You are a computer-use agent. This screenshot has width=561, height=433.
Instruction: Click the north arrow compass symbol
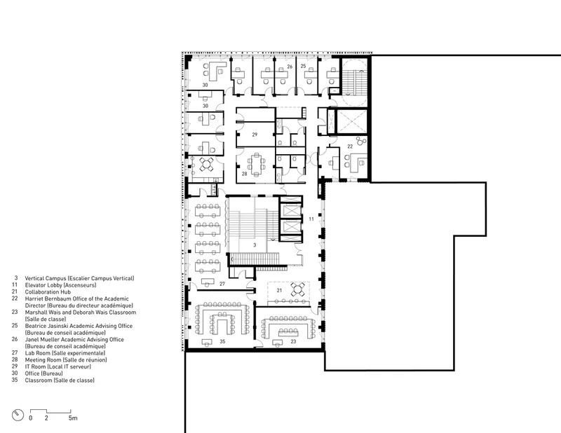tap(18, 415)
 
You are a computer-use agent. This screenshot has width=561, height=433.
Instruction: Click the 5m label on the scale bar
tap(73, 418)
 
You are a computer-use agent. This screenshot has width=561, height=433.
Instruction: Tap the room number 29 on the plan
tap(255, 135)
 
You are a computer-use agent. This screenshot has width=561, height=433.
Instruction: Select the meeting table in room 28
tap(256, 165)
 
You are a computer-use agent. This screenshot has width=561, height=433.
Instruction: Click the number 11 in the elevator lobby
tap(311, 219)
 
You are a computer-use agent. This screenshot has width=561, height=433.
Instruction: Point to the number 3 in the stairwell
tap(255, 245)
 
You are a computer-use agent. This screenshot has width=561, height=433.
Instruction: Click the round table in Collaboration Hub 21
tap(297, 289)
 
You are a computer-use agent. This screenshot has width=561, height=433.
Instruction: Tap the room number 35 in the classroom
tap(222, 341)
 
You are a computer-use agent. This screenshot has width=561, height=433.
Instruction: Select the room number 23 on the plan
tap(293, 341)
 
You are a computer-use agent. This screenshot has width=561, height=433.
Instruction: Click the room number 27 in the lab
tap(222, 284)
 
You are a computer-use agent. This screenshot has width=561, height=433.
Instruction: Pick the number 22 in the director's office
tap(350, 146)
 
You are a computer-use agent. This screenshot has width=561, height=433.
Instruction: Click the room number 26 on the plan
tap(290, 67)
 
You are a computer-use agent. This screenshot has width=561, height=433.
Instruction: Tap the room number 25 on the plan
tap(303, 66)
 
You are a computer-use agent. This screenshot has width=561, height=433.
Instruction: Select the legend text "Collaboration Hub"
tap(48, 291)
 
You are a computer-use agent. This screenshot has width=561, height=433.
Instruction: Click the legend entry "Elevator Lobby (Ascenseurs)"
tap(60, 285)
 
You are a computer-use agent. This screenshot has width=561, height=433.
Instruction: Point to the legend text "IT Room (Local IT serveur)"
tap(58, 366)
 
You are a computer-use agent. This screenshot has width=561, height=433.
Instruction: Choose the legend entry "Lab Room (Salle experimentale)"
tap(65, 353)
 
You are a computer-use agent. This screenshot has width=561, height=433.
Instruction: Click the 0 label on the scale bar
tap(30, 418)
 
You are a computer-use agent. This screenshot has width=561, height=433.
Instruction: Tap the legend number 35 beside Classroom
tap(15, 380)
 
